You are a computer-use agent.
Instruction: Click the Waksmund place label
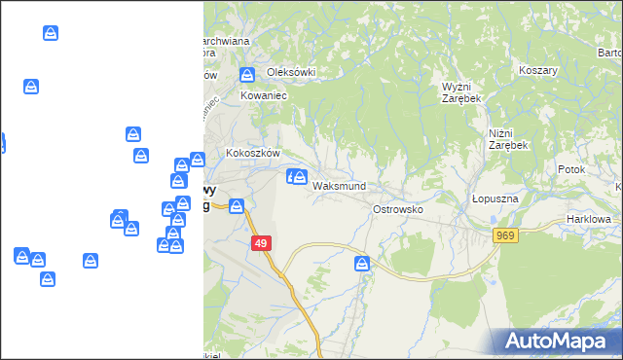tap(339, 186)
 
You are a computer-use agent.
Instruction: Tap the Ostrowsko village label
tap(398, 209)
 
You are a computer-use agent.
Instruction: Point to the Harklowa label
tap(590, 220)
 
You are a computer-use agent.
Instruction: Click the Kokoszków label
tap(253, 153)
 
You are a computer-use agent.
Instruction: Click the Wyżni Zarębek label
tap(462, 92)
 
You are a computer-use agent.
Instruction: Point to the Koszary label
tap(537, 71)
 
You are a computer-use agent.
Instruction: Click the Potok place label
tap(571, 169)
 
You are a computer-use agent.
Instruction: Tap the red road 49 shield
tap(261, 243)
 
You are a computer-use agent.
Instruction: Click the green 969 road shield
tap(504, 235)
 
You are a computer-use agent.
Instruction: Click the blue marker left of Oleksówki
tap(247, 74)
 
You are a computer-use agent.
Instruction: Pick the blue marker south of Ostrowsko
tap(362, 263)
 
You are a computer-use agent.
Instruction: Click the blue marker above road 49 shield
tap(236, 205)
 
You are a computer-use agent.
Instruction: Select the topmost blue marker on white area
tap(51, 33)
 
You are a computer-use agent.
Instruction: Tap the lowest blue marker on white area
tap(48, 278)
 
